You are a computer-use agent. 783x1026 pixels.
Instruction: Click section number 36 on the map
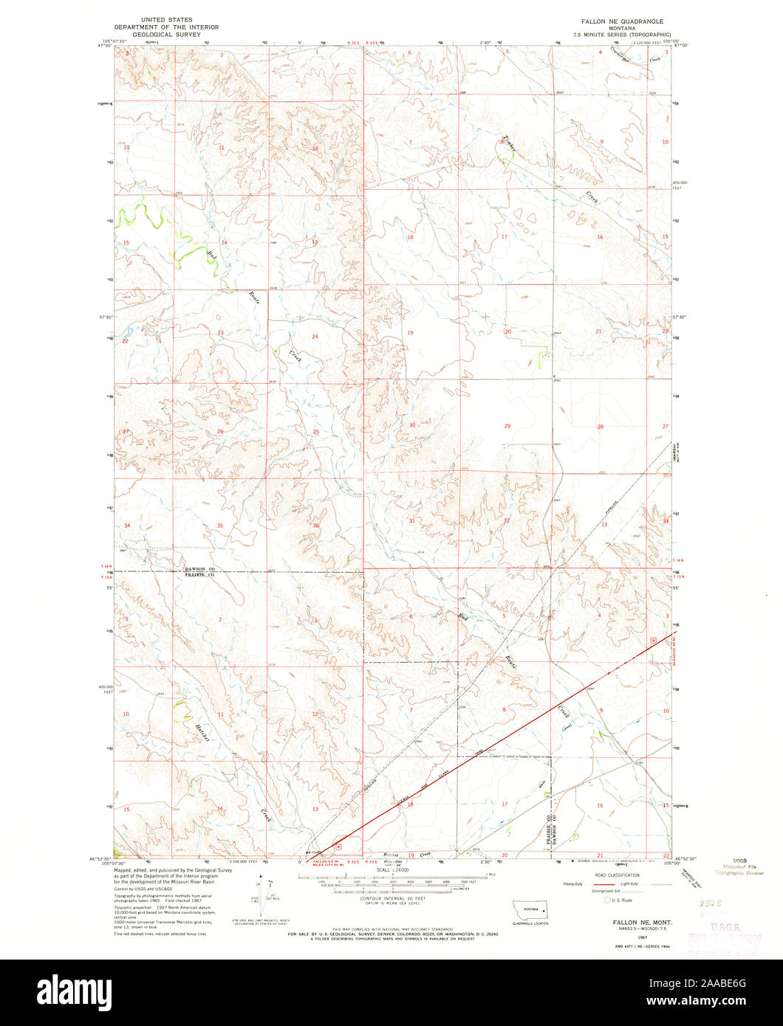tap(315, 526)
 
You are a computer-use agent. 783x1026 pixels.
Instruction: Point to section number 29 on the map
tap(507, 427)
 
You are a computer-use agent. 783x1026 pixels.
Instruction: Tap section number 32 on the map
tap(506, 521)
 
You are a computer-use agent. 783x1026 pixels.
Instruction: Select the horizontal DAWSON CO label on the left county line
tap(199, 569)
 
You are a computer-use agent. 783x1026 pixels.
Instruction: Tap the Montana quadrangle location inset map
tap(531, 912)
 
